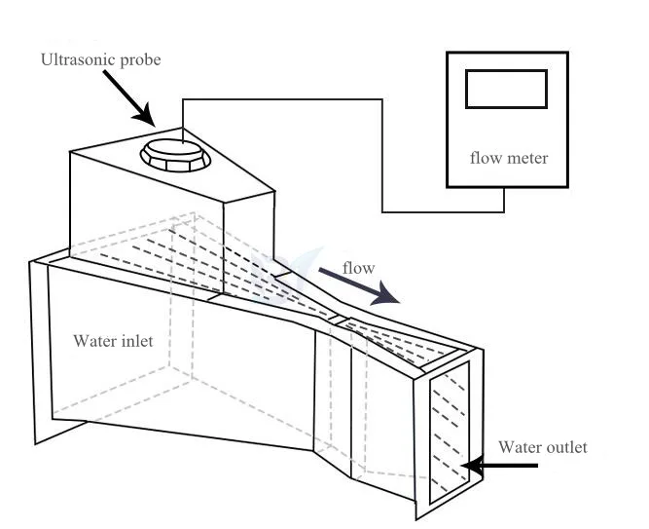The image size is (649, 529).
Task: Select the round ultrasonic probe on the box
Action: (172, 154)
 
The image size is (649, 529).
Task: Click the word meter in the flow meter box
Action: (527, 158)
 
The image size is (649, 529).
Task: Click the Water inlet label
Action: (113, 342)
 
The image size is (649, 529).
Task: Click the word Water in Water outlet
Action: (520, 447)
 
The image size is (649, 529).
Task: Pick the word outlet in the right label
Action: (566, 447)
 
